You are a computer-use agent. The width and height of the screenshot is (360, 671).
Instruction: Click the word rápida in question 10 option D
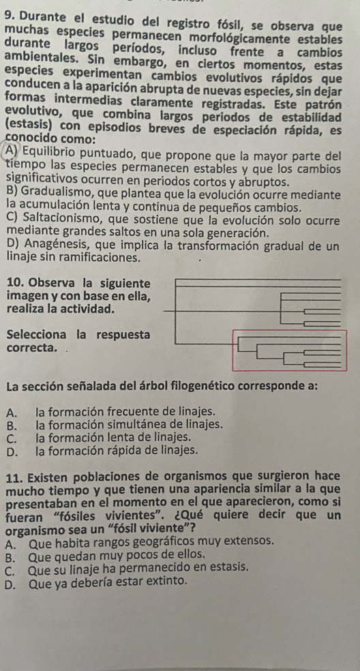click(x=121, y=450)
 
